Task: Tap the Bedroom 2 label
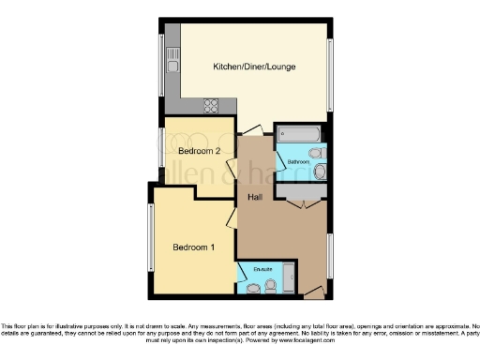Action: pos(199,151)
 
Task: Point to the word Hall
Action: pos(254,198)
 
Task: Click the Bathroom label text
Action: pos(298,161)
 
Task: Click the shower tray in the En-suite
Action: pos(289,278)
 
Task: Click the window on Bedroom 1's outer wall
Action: pos(151,233)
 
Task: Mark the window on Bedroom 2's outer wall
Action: pos(159,151)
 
